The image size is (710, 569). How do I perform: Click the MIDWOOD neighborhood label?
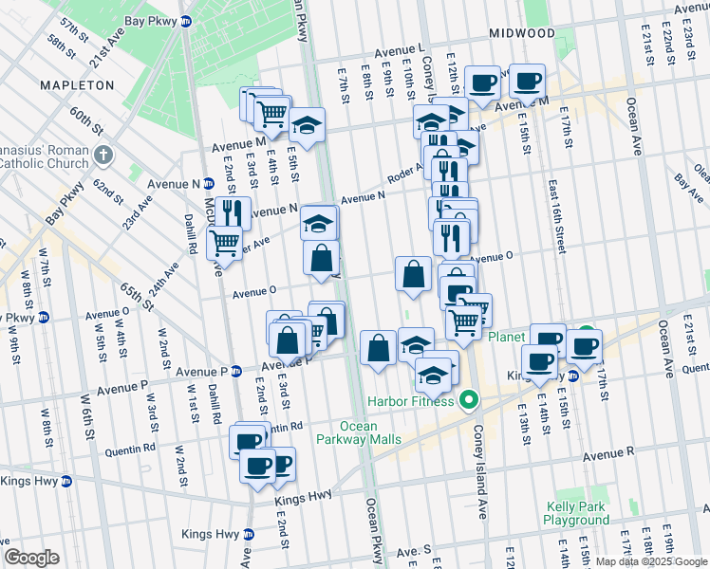(522, 33)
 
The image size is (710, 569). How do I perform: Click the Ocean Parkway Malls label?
(360, 432)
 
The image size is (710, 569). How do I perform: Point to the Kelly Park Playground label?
(576, 513)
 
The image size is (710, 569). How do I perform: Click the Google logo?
(31, 557)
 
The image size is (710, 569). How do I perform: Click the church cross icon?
(103, 154)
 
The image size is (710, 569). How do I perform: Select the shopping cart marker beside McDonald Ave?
(224, 242)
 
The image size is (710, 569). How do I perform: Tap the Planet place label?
(507, 337)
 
